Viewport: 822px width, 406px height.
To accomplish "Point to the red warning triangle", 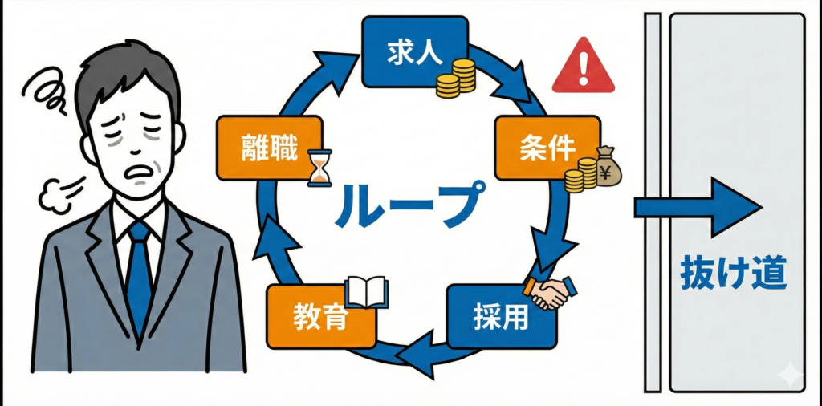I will coord(583,66).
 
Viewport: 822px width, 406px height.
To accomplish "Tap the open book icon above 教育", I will coord(366,292).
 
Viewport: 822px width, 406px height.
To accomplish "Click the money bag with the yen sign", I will coord(608,166).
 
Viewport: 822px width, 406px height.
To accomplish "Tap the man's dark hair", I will coord(128,68).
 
